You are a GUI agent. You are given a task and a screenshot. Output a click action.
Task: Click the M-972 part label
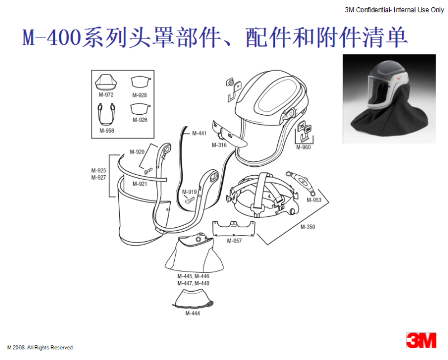click(106, 95)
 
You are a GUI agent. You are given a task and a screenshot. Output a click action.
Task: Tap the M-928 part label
click(139, 95)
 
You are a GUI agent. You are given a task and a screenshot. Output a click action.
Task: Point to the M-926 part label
click(140, 120)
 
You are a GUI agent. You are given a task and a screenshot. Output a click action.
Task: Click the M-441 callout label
click(199, 133)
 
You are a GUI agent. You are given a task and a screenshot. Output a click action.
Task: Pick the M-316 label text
click(219, 145)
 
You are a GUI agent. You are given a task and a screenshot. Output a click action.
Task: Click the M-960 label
click(304, 147)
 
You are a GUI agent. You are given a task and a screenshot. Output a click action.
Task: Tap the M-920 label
click(137, 152)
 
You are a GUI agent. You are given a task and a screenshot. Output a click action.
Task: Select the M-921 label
click(139, 184)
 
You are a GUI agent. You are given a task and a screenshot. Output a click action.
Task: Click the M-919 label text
click(189, 192)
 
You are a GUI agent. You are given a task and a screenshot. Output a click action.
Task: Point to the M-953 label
click(314, 200)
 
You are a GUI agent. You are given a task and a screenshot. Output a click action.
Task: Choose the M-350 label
click(307, 227)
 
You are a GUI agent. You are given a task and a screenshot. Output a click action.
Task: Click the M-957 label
click(234, 241)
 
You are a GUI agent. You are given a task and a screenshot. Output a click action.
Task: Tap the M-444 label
click(193, 314)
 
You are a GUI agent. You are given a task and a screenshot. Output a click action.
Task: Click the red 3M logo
click(422, 340)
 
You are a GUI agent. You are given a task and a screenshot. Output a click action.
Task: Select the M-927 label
click(99, 177)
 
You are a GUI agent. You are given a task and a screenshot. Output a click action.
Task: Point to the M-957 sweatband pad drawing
click(234, 228)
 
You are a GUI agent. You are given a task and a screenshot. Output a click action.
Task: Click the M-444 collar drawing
click(193, 298)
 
